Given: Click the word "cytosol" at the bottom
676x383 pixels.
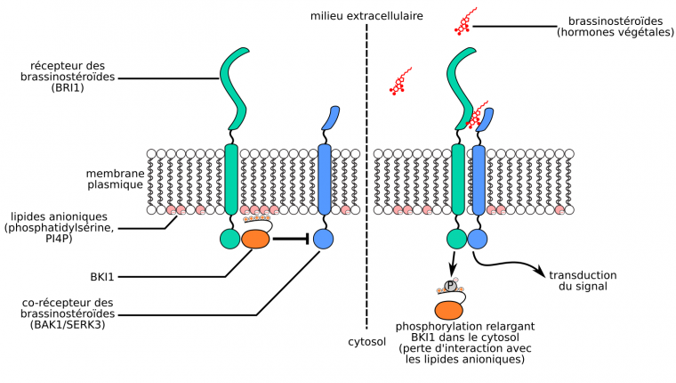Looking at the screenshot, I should (x=366, y=341).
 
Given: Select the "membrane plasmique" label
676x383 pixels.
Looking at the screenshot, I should (x=115, y=178).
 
